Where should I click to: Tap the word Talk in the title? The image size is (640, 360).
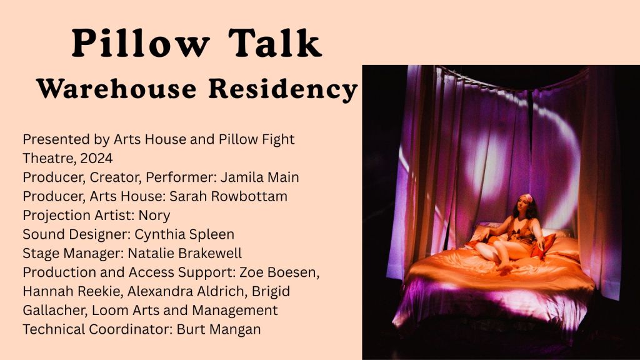[275, 43]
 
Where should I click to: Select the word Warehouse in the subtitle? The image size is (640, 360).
[117, 88]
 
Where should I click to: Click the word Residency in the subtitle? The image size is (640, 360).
[283, 89]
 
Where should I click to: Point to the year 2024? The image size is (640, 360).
[96, 158]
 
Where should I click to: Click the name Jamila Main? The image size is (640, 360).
[259, 177]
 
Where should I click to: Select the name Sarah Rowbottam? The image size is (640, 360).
[228, 196]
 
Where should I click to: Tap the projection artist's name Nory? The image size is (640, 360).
[154, 216]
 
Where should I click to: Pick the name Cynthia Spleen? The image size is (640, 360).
[184, 235]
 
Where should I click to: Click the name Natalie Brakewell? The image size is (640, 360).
[185, 253]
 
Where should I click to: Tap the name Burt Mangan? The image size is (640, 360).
[218, 329]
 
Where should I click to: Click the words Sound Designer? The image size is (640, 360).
[76, 235]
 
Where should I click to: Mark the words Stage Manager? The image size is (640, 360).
[73, 254]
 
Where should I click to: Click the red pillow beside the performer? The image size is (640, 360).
[544, 247]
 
